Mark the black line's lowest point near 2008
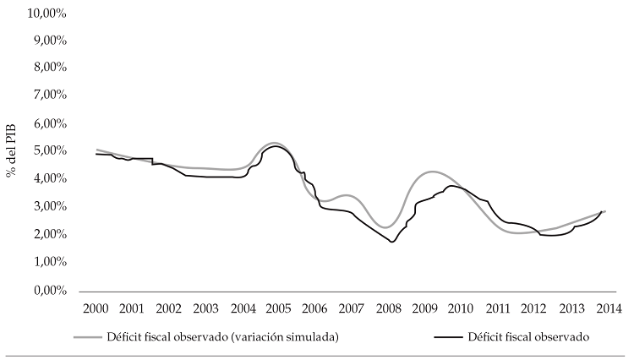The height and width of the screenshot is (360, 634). [x=392, y=242]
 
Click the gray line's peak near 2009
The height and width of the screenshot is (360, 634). [x=432, y=172]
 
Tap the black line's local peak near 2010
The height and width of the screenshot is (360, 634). [x=454, y=186]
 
